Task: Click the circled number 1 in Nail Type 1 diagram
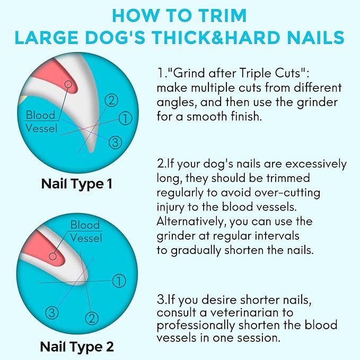click(125, 119)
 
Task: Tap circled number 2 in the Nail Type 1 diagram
click(111, 99)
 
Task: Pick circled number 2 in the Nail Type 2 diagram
click(92, 318)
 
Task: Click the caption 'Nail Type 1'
click(77, 185)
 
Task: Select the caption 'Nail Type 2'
click(77, 347)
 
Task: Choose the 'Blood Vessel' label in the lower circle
click(86, 232)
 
